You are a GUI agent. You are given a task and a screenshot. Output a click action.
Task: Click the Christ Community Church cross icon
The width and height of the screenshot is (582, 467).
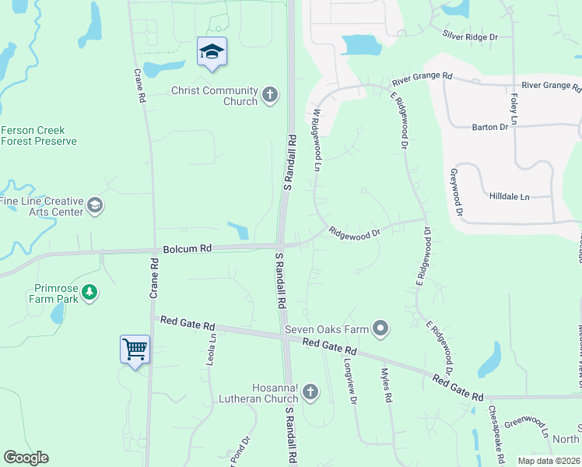pyautogui.click(x=270, y=96)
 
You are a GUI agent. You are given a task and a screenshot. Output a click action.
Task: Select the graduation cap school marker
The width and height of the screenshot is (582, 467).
pyautogui.click(x=212, y=52)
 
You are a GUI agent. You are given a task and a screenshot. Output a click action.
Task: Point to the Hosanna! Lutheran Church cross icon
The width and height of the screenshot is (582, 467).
pyautogui.click(x=310, y=392)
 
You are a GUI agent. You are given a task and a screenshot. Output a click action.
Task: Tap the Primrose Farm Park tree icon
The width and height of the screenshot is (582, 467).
pyautogui.click(x=90, y=293)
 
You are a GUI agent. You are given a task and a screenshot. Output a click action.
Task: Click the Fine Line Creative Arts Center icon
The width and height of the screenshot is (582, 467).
pyautogui.click(x=95, y=205)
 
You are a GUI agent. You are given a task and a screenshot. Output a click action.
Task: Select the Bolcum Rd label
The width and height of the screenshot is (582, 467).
pyautogui.click(x=188, y=249)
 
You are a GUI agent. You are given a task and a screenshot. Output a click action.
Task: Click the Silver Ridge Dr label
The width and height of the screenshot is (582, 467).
pyautogui.click(x=470, y=36)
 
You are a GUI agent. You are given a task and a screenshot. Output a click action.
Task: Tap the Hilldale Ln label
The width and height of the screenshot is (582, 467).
pyautogui.click(x=510, y=197)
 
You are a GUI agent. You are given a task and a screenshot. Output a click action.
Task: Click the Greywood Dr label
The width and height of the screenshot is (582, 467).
pyautogui.click(x=456, y=191)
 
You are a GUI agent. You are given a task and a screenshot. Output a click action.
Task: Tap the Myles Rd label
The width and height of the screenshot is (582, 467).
pyautogui.click(x=387, y=385)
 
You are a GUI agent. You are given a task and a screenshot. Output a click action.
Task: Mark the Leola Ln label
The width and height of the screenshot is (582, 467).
pyautogui.click(x=210, y=349)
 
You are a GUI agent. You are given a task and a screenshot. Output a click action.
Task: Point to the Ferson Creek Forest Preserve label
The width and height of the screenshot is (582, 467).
pyautogui.click(x=38, y=135)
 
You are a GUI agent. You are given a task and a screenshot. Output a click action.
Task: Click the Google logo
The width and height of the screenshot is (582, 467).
pyautogui.click(x=26, y=458)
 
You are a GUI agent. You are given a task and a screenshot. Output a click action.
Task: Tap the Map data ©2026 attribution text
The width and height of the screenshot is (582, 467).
pyautogui.click(x=549, y=461)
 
